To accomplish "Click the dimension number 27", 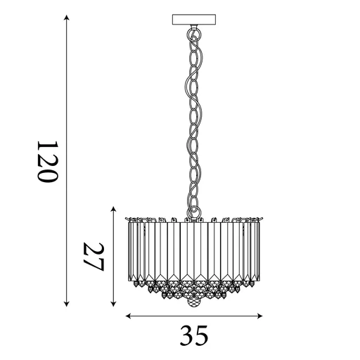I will pos(94,258).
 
